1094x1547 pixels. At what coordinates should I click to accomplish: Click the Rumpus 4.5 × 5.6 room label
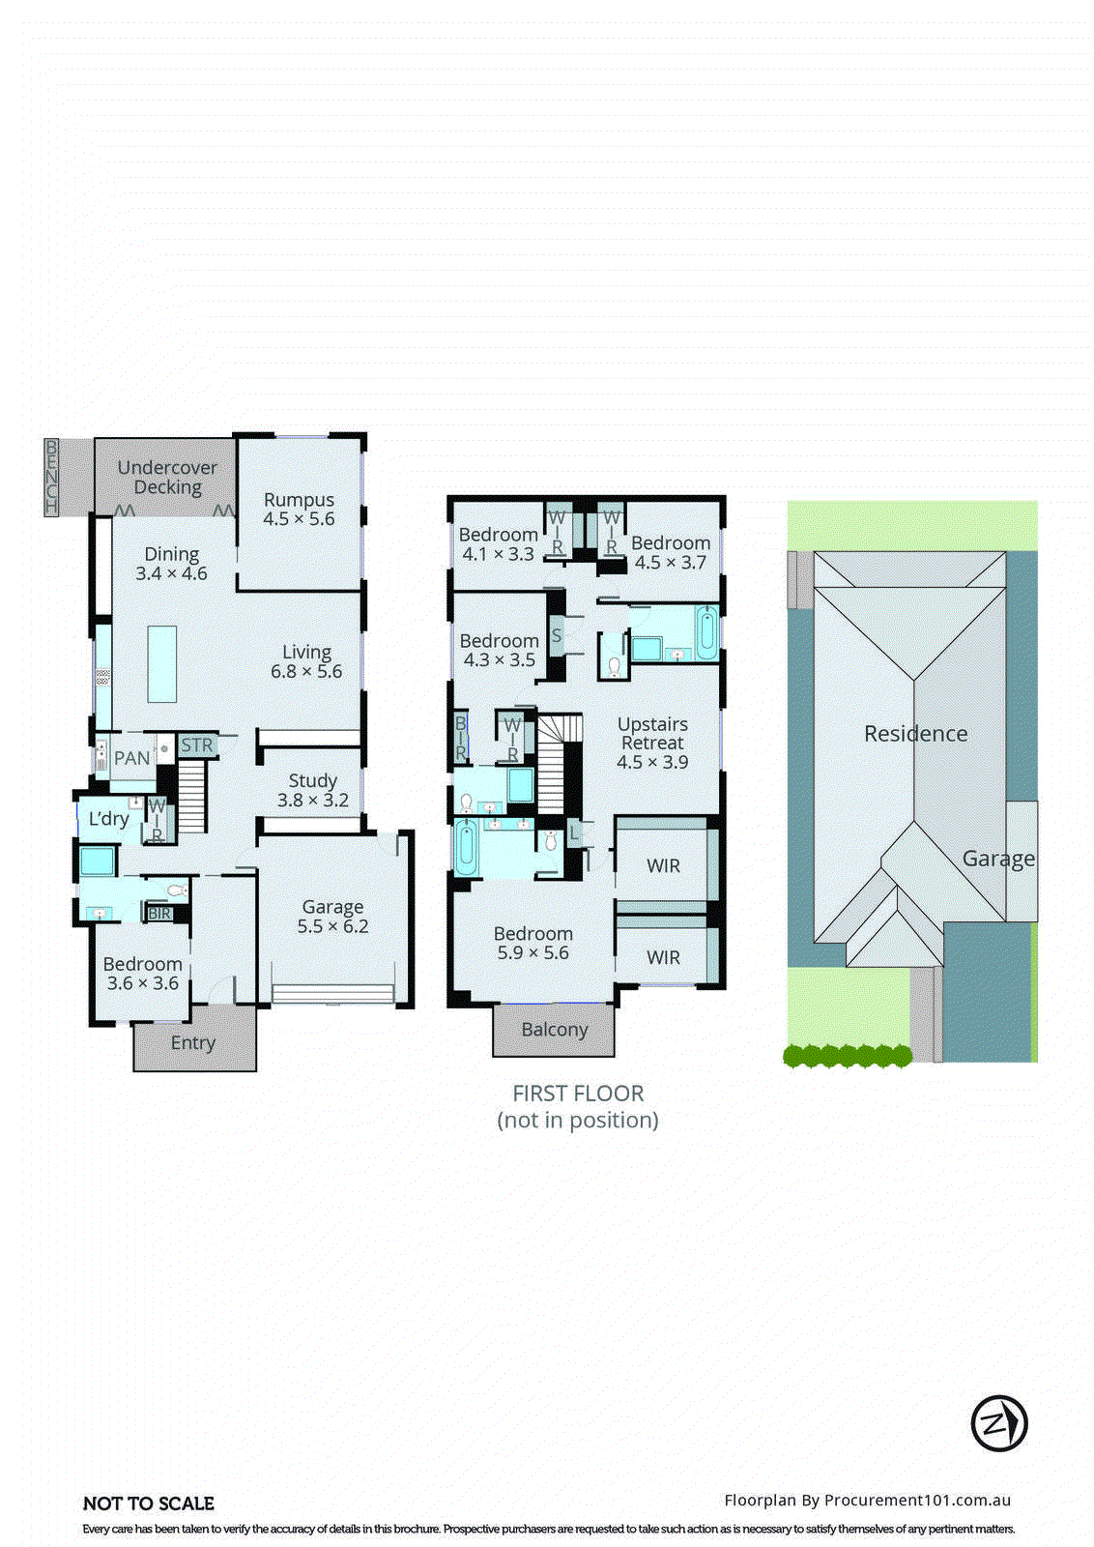pos(299,510)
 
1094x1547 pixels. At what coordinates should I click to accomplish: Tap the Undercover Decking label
pos(167,478)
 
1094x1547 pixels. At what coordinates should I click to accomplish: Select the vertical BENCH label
pos(51,477)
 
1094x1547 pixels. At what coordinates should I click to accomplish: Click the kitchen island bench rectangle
pos(162,663)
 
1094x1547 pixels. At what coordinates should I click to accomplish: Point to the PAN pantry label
pos(131,758)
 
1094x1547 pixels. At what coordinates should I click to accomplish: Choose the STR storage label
pos(196,745)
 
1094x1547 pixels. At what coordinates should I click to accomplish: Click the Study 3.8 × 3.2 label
pos(312,790)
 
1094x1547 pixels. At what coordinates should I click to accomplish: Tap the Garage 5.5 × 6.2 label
pos(332,917)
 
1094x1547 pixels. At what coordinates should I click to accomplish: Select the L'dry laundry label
pos(108,819)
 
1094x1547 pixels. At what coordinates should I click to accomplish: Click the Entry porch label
pos(193,1042)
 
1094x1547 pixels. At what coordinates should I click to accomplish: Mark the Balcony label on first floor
pos(555,1030)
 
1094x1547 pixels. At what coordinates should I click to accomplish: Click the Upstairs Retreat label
pos(652,743)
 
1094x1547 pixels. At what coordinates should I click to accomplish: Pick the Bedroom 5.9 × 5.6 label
pos(533,944)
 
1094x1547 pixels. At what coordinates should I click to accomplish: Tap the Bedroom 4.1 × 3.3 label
pos(498,544)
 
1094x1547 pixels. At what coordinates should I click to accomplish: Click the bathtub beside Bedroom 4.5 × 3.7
pos(706,633)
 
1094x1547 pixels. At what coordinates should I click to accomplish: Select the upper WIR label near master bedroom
pos(663,865)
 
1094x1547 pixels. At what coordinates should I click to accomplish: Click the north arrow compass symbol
pos(998,1423)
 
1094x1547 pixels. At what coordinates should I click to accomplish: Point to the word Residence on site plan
pos(915,734)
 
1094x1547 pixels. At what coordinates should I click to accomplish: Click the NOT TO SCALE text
pos(149,1503)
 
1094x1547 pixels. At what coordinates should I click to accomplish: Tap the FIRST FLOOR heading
pos(578,1094)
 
